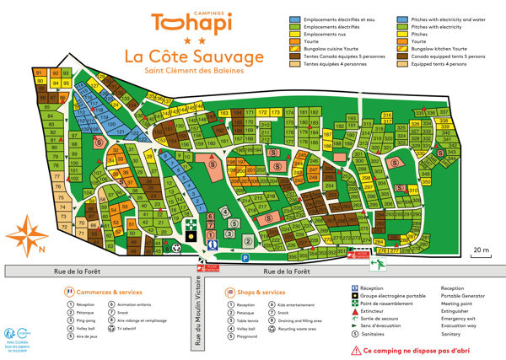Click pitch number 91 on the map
pyautogui.click(x=40, y=74)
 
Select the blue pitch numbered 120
pyautogui.click(x=111, y=123)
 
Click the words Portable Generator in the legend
pyautogui.click(x=465, y=296)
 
